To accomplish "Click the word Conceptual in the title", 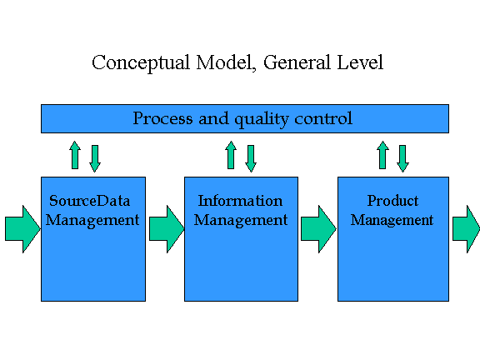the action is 141,63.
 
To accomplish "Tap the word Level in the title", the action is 360,62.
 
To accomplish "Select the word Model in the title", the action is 226,62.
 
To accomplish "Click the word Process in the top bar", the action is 162,118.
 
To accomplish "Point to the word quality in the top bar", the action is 261,119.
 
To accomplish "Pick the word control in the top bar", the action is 323,118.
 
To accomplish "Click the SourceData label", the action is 90,201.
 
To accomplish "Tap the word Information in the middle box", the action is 240,201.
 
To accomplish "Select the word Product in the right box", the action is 392,201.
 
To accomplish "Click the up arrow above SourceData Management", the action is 75,155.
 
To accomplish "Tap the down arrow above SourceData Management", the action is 95,158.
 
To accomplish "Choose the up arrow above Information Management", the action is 231,155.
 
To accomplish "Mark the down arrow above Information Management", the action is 251,158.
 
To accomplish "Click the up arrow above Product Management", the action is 382,155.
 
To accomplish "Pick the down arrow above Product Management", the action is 402,158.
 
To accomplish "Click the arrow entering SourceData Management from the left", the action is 22,229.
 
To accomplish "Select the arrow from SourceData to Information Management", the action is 167,229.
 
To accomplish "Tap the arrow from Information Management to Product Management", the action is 318,229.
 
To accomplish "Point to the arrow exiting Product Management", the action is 466,229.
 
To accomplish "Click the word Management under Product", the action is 392,220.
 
